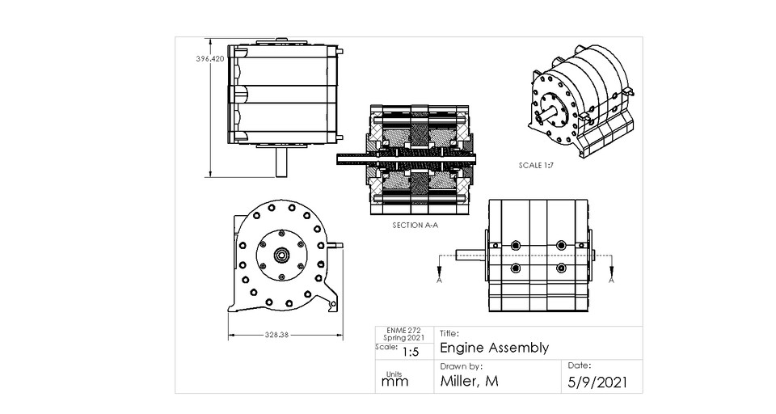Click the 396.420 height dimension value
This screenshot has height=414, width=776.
209,59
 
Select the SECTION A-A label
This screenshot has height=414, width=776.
415,226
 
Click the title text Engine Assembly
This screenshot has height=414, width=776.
494,348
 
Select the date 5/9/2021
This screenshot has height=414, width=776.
597,382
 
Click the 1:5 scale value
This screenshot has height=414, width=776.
410,352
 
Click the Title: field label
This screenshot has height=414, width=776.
450,332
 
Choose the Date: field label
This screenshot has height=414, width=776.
580,365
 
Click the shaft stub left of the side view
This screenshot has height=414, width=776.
471,255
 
